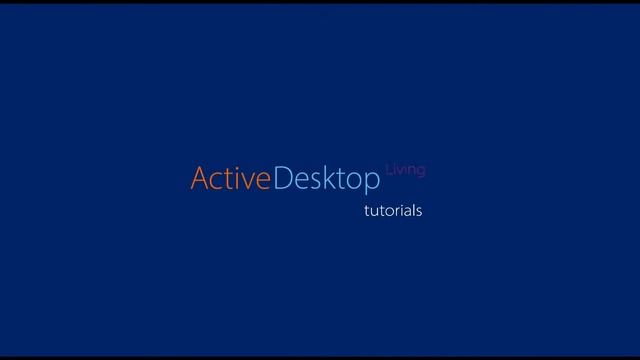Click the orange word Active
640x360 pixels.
230,180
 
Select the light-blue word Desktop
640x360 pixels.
327,180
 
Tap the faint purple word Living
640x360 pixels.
405,169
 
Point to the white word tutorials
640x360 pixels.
392,211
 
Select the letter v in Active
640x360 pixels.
246,182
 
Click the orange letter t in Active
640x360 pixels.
228,181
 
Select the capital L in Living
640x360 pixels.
388,169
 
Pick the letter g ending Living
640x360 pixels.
421,171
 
